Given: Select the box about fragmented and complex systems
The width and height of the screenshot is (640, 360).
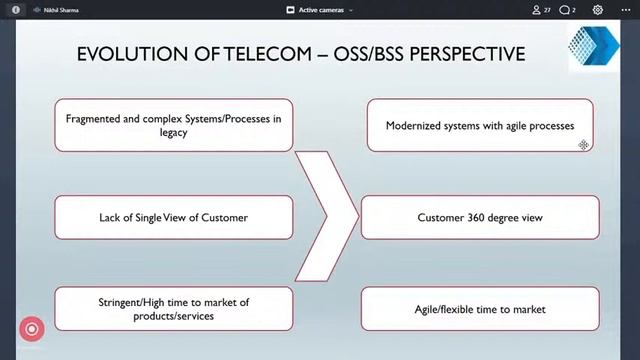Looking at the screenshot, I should pyautogui.click(x=174, y=125).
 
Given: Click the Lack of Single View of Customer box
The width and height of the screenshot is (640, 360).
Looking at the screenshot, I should pyautogui.click(x=174, y=217).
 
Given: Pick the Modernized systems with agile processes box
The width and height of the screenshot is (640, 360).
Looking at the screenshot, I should pyautogui.click(x=479, y=126).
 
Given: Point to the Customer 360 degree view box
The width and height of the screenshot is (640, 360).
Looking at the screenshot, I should pyautogui.click(x=479, y=217).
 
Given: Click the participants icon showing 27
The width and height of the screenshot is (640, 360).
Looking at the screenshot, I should pyautogui.click(x=541, y=9).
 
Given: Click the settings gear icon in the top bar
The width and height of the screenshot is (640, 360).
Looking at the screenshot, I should pyautogui.click(x=598, y=9).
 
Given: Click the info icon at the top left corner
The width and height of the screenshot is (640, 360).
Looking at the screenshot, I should pyautogui.click(x=15, y=9).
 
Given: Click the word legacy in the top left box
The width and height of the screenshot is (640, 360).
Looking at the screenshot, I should pyautogui.click(x=174, y=133).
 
